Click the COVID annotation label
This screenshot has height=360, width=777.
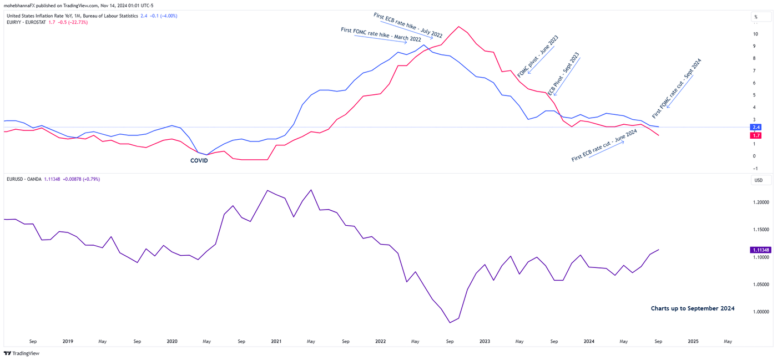click(199, 161)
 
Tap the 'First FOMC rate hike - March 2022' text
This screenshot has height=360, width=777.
click(381, 34)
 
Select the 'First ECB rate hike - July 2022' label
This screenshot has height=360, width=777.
click(408, 25)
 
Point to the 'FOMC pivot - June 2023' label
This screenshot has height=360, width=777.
click(537, 56)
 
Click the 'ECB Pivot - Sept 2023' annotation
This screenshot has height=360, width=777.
click(563, 73)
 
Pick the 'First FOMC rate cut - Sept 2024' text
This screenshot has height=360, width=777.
click(677, 88)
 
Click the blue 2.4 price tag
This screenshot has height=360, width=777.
click(755, 127)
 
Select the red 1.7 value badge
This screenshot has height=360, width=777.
click(755, 135)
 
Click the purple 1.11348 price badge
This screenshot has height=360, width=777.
click(760, 250)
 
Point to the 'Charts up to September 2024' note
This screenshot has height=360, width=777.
click(693, 308)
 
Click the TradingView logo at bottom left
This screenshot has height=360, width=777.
click(22, 353)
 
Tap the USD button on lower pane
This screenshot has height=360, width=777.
click(758, 180)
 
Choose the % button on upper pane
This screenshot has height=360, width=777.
click(756, 17)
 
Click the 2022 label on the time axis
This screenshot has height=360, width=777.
click(381, 342)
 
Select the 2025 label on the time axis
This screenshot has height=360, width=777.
click(693, 342)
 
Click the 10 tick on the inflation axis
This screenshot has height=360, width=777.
click(755, 34)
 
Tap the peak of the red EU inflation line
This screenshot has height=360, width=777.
click(458, 26)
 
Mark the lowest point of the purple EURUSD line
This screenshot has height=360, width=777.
click(450, 322)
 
